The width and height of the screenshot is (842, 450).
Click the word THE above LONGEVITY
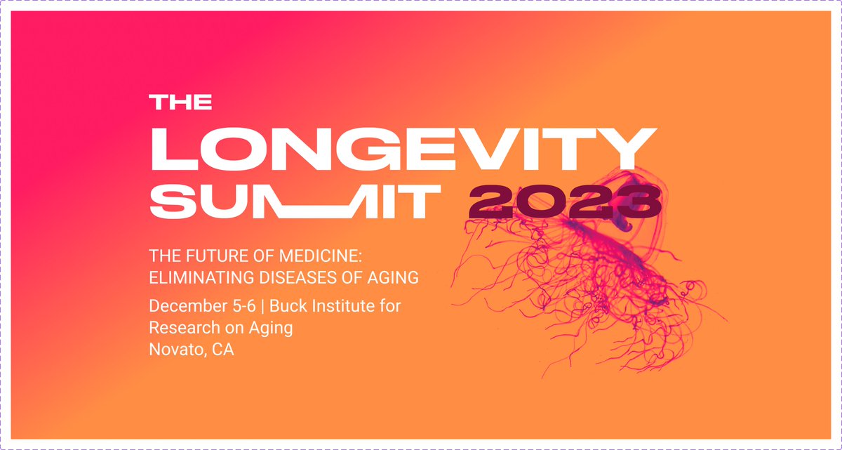coord(181,102)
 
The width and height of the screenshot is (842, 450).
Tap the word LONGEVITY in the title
coord(405,148)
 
